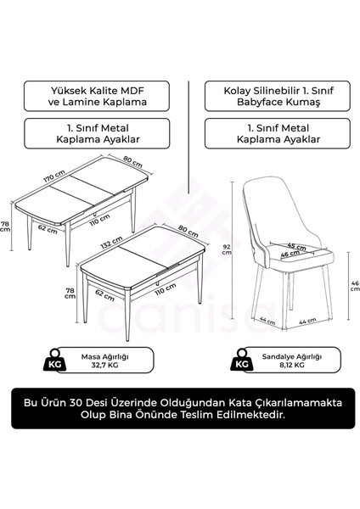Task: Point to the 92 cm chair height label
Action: coord(225,249)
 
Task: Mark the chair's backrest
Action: coord(274,204)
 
